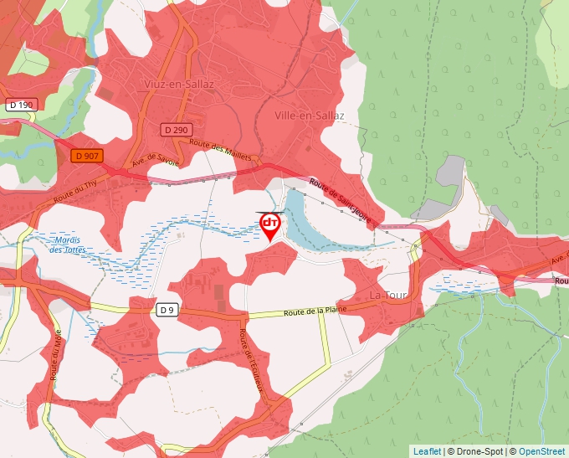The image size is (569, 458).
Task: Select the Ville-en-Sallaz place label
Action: click(x=310, y=116)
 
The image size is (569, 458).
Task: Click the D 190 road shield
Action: click(x=22, y=105)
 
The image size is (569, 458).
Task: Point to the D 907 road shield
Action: click(x=86, y=155)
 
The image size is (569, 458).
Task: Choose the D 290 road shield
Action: click(x=177, y=130)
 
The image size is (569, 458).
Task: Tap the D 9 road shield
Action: click(x=167, y=310)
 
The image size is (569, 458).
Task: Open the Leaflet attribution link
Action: click(x=427, y=451)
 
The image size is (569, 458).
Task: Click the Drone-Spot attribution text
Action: click(x=480, y=451)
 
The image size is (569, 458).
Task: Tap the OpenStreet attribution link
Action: click(x=541, y=451)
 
